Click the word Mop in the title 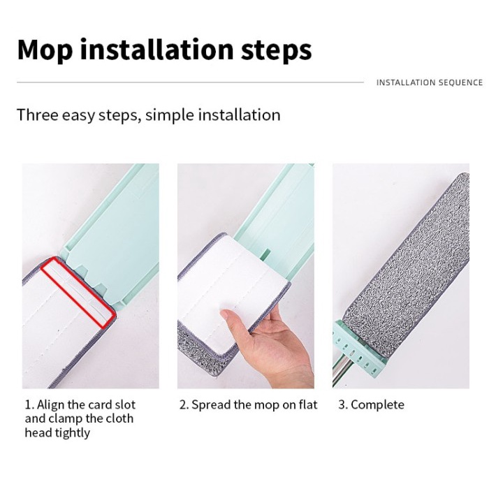(x=45, y=50)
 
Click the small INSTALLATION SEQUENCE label (x=430, y=82)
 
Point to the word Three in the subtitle (x=38, y=115)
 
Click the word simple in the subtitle (x=170, y=115)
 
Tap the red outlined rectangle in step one (x=78, y=291)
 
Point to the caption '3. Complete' (x=371, y=404)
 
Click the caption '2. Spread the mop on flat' (x=248, y=404)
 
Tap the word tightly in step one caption (x=73, y=433)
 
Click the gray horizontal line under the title (x=190, y=82)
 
